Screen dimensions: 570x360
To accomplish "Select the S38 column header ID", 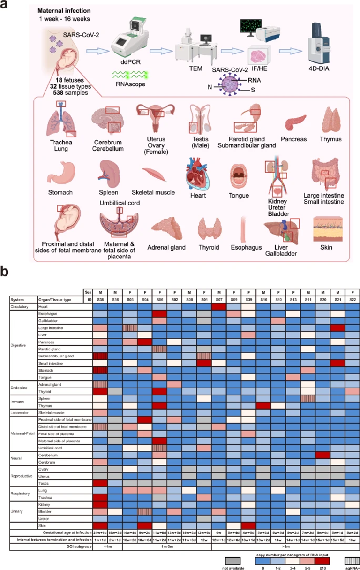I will (x=101, y=299).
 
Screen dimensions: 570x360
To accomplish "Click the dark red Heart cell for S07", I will (x=220, y=306).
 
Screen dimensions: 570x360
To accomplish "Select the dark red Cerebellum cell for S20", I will (x=323, y=455).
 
